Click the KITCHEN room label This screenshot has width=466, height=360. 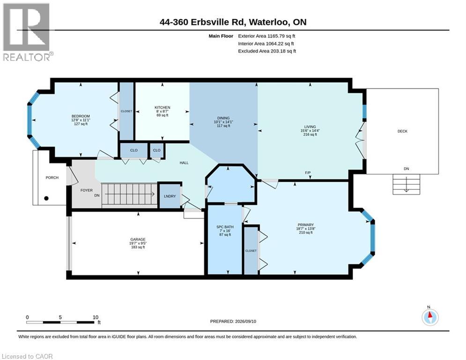pos(162,107)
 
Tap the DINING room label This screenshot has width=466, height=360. pos(223,118)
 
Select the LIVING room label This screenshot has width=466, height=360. pos(310,127)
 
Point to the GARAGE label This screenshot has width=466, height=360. pos(138,239)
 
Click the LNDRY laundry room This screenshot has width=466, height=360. pos(170,196)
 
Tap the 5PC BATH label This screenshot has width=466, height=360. pos(225,227)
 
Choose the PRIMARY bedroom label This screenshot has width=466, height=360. pos(306,225)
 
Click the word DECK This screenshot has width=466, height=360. pos(402,131)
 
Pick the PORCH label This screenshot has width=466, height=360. pos(52,178)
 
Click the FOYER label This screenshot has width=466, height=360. pos(87,190)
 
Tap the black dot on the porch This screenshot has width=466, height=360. pos(46,198)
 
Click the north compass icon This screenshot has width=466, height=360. pos(430,317)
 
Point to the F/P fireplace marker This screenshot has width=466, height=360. pos(308,173)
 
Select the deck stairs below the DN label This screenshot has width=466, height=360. pos(406,184)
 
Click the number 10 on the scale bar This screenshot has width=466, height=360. pos(96,317)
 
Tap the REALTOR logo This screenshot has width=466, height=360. pos(28,32)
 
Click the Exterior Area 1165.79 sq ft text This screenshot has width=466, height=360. pos(266,36)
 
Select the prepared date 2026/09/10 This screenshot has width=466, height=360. pos(245,321)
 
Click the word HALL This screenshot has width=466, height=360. pos(184,163)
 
